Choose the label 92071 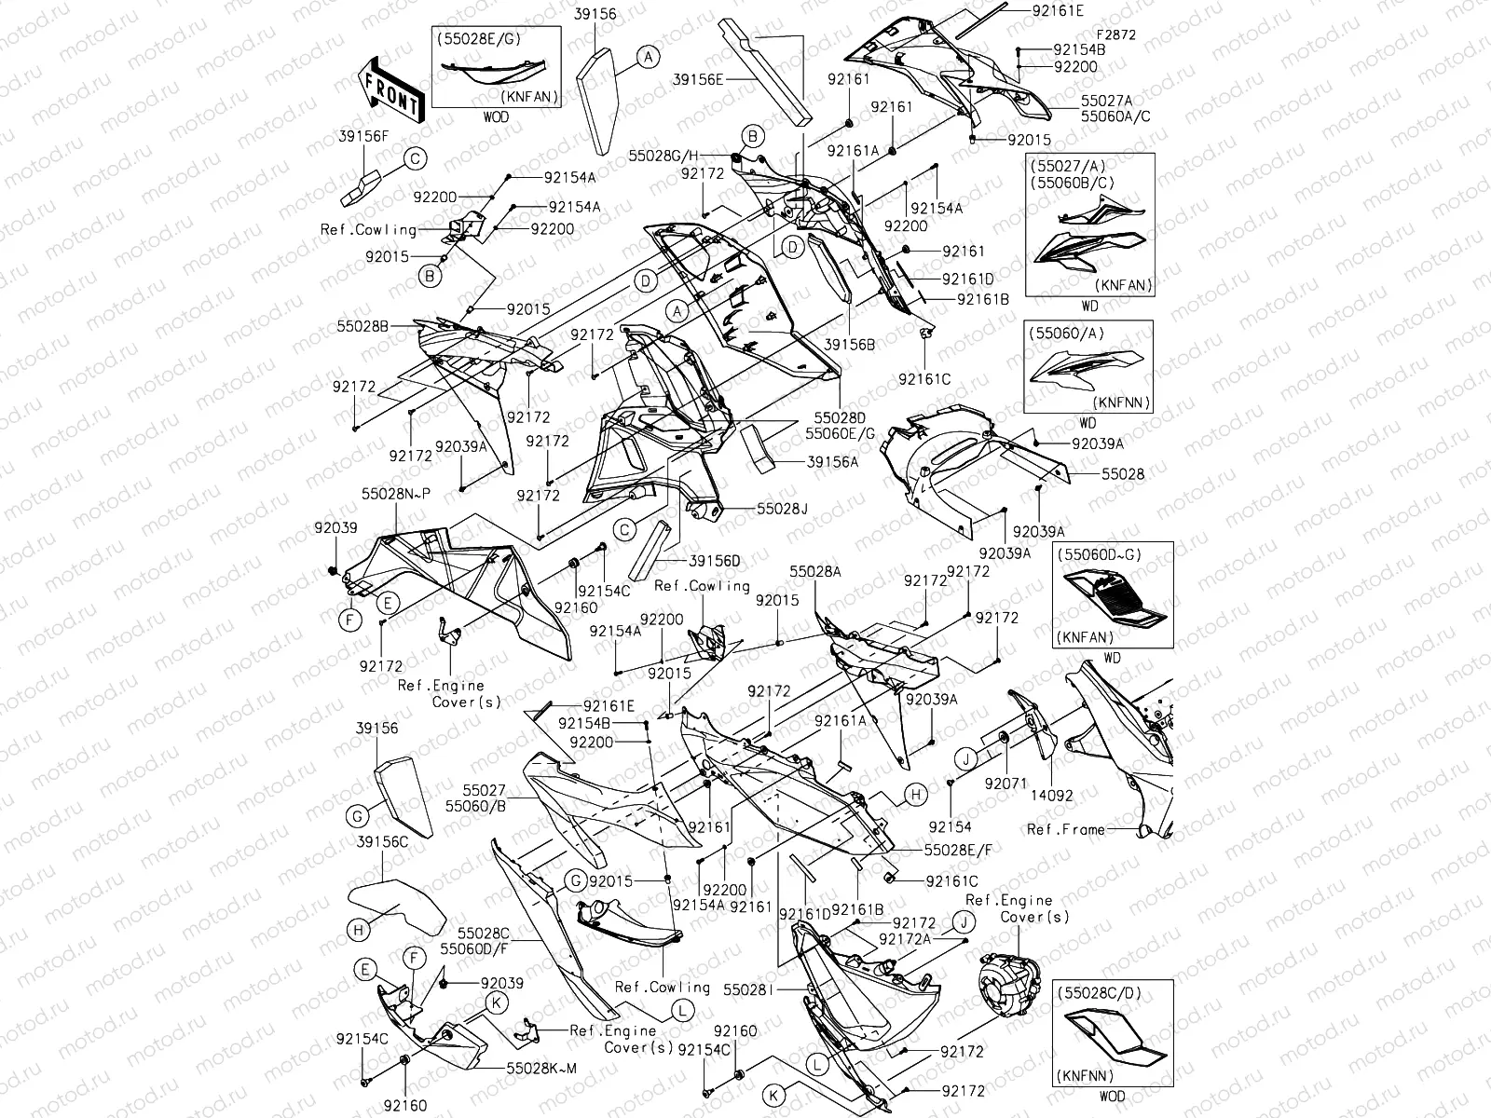[x=1005, y=784]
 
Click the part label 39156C [x=382, y=841]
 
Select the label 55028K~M [x=541, y=1068]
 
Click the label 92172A [x=905, y=938]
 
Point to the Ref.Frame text [x=1065, y=829]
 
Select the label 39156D [x=714, y=561]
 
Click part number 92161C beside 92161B [x=951, y=880]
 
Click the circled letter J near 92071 [x=967, y=759]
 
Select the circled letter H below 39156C [x=359, y=929]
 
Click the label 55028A [x=815, y=571]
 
